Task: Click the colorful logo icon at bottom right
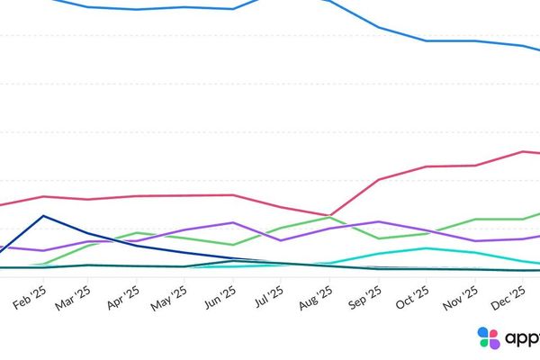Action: pyautogui.click(x=489, y=338)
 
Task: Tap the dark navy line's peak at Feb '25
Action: pyautogui.click(x=42, y=216)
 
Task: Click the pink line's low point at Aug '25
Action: pyautogui.click(x=330, y=215)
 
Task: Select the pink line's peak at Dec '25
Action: pyautogui.click(x=524, y=151)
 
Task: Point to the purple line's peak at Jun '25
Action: pyautogui.click(x=234, y=222)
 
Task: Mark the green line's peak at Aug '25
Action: pyautogui.click(x=330, y=218)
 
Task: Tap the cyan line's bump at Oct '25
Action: pyautogui.click(x=427, y=248)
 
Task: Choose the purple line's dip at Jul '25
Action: pyautogui.click(x=282, y=240)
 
